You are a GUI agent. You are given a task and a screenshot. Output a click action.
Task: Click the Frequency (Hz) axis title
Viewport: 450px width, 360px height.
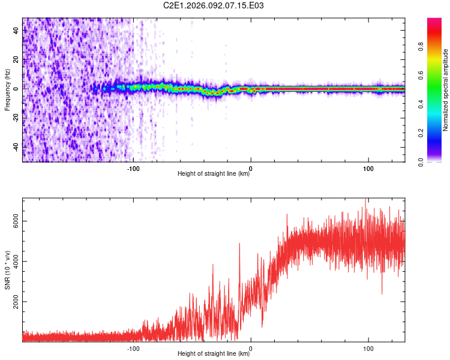[7, 90]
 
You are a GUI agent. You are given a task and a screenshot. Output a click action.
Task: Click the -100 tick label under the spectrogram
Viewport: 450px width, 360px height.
[133, 168]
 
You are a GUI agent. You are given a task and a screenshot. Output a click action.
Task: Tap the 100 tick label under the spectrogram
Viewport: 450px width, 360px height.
[368, 168]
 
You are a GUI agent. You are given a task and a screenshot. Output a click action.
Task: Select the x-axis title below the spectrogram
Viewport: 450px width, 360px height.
[214, 174]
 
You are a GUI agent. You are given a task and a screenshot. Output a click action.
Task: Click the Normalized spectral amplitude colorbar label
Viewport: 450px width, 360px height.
[446, 90]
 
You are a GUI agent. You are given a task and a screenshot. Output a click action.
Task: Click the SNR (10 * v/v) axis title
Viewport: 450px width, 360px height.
[7, 269]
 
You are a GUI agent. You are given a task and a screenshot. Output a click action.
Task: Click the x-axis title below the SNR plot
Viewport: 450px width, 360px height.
[214, 354]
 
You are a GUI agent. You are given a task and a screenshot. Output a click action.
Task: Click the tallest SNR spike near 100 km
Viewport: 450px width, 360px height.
[365, 200]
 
